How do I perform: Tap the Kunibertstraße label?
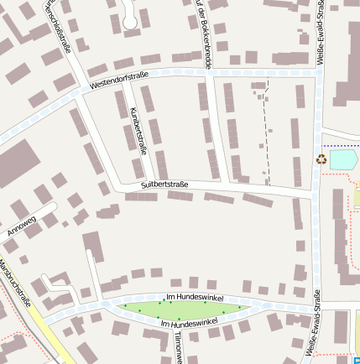(x=139, y=131)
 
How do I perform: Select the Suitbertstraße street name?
(x=164, y=184)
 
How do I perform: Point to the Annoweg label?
(x=21, y=225)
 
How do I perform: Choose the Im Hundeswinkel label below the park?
(x=189, y=322)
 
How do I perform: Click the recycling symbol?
(x=321, y=158)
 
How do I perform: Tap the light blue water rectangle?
(x=342, y=159)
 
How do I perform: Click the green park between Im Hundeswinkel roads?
(x=180, y=309)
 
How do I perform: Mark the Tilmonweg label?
(x=179, y=346)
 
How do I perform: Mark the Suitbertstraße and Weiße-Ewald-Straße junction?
(x=316, y=195)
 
